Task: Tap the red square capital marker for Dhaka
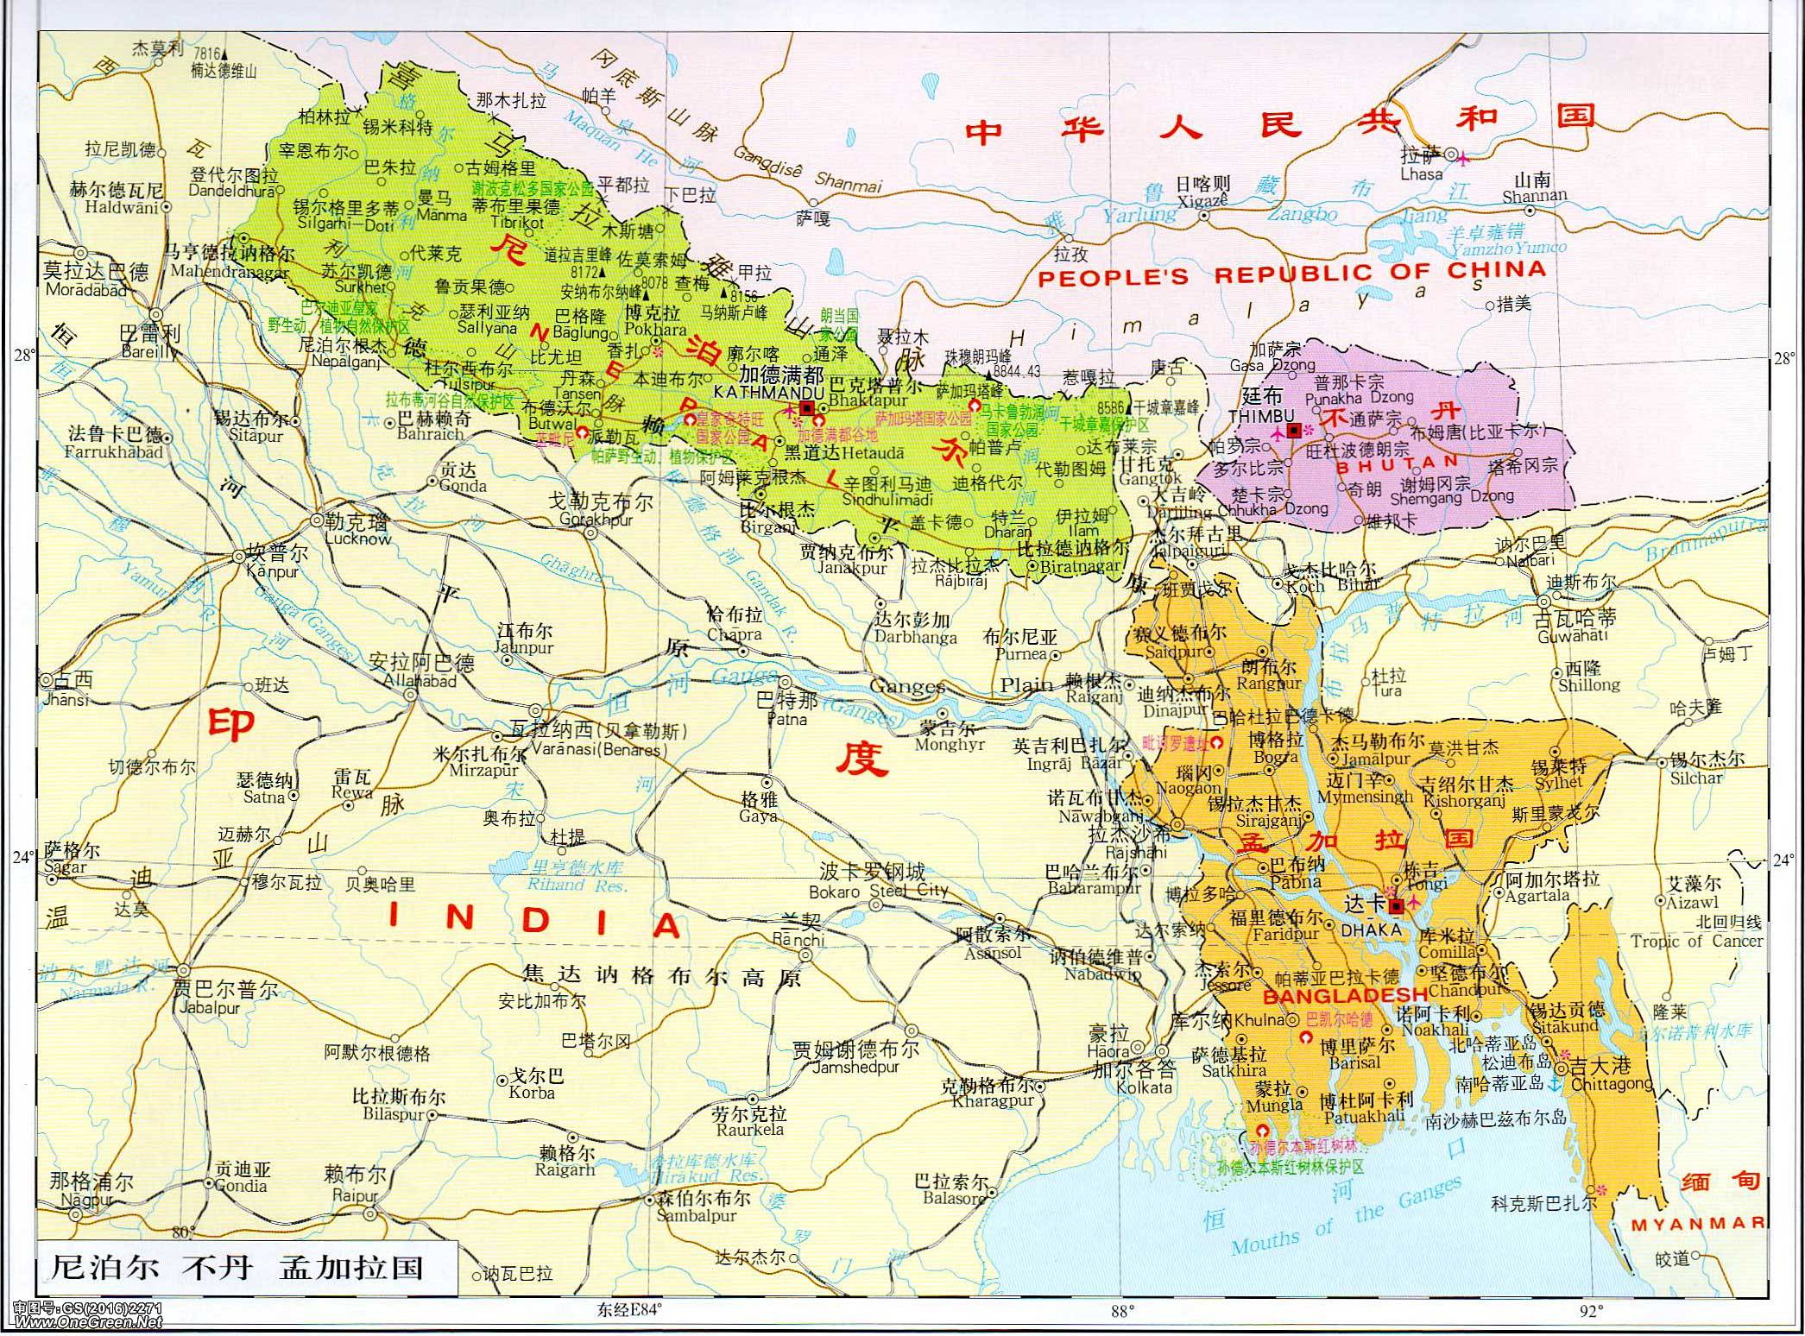[x=1396, y=906]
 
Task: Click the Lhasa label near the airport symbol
[x=1422, y=173]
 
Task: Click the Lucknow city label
[x=358, y=539]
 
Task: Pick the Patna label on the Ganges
[x=786, y=719]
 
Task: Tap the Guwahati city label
[x=1573, y=636]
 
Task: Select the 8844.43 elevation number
[x=1017, y=371]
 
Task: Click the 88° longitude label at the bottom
[x=1121, y=1313]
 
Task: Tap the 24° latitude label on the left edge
[x=23, y=857]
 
